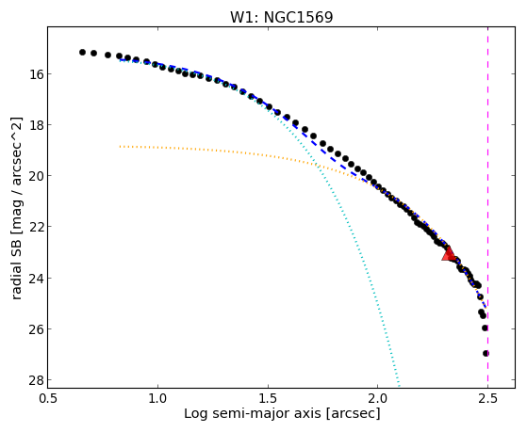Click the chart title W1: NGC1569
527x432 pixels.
click(x=281, y=17)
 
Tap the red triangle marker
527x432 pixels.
click(x=449, y=254)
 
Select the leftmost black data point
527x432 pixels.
click(x=82, y=52)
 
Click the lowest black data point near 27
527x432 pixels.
click(x=486, y=353)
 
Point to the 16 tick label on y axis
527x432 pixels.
click(x=33, y=73)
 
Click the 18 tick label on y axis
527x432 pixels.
click(x=33, y=125)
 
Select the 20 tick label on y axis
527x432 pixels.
click(x=33, y=176)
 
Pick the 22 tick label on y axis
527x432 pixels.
click(x=33, y=227)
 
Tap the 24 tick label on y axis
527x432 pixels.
click(x=33, y=278)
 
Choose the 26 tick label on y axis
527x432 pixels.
click(x=33, y=329)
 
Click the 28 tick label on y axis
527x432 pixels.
click(x=33, y=380)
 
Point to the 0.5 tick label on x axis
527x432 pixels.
click(x=48, y=398)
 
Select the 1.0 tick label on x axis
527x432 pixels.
click(x=157, y=398)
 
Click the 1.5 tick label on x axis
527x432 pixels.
click(x=268, y=398)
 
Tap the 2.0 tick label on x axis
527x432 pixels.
click(x=378, y=398)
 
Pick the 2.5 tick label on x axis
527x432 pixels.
click(x=487, y=398)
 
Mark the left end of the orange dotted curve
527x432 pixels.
click(x=120, y=146)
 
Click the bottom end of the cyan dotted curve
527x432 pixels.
click(x=399, y=386)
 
